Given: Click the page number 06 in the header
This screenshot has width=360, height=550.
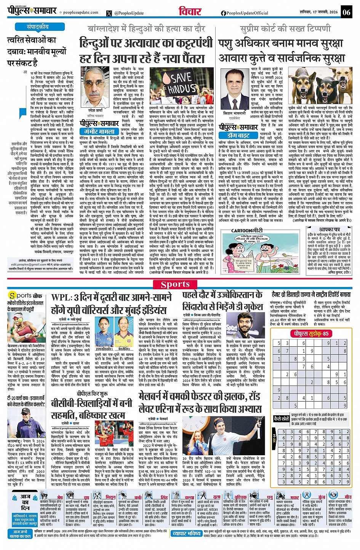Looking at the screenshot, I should (x=346, y=12).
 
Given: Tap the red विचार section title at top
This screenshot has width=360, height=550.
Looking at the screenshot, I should (x=190, y=12).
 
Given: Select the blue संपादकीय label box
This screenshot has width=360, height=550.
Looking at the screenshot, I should (x=37, y=27).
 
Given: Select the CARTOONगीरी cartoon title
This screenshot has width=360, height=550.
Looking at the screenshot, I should (x=247, y=231).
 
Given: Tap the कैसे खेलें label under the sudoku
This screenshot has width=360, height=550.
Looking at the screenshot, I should (x=281, y=418).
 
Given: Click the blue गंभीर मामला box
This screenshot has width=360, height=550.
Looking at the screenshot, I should (x=99, y=132).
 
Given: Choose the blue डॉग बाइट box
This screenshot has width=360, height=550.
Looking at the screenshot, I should (x=238, y=136).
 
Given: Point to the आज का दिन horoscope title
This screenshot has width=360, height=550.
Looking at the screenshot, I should (x=26, y=502).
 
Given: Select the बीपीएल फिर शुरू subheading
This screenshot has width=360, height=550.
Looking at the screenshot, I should (x=92, y=394).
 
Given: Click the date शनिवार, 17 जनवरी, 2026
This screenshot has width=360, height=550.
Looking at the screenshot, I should (x=319, y=12).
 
